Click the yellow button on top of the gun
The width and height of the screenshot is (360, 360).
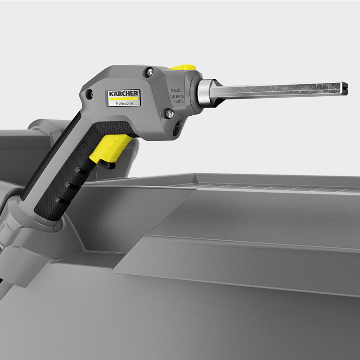(185, 67)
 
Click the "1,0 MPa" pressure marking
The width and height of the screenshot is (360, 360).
(176, 96)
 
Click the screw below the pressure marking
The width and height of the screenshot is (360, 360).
(169, 113)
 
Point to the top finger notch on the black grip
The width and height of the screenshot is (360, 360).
(79, 170)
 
